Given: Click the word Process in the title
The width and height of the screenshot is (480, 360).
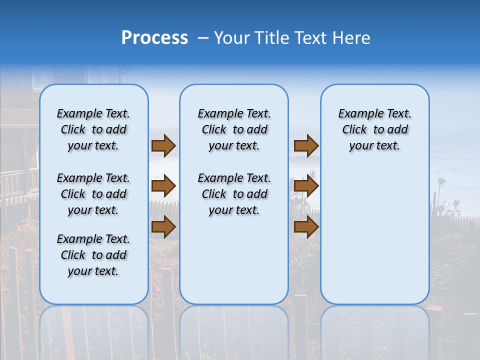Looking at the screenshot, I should (154, 37).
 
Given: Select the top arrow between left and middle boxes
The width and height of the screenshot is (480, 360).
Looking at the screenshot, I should (163, 146).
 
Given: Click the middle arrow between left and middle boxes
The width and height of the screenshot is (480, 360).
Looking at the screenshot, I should (163, 186).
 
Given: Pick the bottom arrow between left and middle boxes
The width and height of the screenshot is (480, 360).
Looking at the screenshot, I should (163, 226).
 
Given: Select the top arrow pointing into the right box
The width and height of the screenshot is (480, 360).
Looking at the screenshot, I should (306, 146).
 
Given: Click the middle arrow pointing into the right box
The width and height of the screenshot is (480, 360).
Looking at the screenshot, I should (306, 186).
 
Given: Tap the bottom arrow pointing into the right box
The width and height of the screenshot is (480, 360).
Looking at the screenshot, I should (306, 226).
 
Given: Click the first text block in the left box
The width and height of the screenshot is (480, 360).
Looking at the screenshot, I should (93, 129).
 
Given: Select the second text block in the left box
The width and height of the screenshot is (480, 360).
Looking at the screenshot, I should (93, 194).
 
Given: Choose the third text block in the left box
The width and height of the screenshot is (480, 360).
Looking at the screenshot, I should (93, 255).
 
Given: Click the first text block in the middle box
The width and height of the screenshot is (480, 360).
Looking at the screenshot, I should (234, 129).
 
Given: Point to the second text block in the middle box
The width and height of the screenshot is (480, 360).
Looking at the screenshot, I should (234, 194).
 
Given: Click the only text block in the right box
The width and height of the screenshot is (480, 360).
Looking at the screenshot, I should (374, 129).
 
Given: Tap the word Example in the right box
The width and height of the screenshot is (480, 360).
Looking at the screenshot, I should (357, 114).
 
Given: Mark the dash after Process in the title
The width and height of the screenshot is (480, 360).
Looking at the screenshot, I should (203, 38).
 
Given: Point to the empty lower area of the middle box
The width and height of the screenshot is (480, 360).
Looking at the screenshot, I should (234, 260).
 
